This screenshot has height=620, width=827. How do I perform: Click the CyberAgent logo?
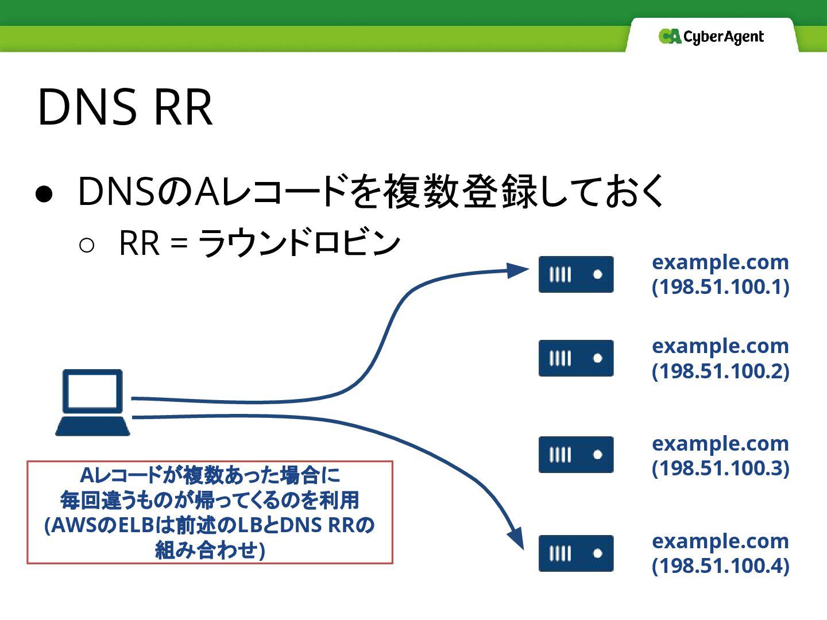711,37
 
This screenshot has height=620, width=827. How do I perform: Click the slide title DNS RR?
125,107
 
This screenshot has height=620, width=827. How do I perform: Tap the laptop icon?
92,402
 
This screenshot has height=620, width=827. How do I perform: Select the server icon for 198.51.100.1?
576,274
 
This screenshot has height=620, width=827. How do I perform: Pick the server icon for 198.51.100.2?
576,358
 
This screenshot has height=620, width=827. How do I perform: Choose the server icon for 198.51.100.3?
576,455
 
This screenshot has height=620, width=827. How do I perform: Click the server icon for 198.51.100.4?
576,553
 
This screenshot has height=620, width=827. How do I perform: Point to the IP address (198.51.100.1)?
720,286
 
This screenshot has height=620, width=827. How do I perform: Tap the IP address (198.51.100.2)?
720,371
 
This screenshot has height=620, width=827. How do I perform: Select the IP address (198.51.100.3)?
720,468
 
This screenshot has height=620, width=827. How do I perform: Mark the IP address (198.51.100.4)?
720,565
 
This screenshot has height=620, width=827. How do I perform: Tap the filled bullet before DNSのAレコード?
44,194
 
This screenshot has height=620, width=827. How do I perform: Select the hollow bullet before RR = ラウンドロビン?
87,246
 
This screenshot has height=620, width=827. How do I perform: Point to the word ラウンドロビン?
299,243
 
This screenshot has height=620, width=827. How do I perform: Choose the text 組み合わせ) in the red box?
210,551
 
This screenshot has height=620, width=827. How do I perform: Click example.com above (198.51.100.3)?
720,443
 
